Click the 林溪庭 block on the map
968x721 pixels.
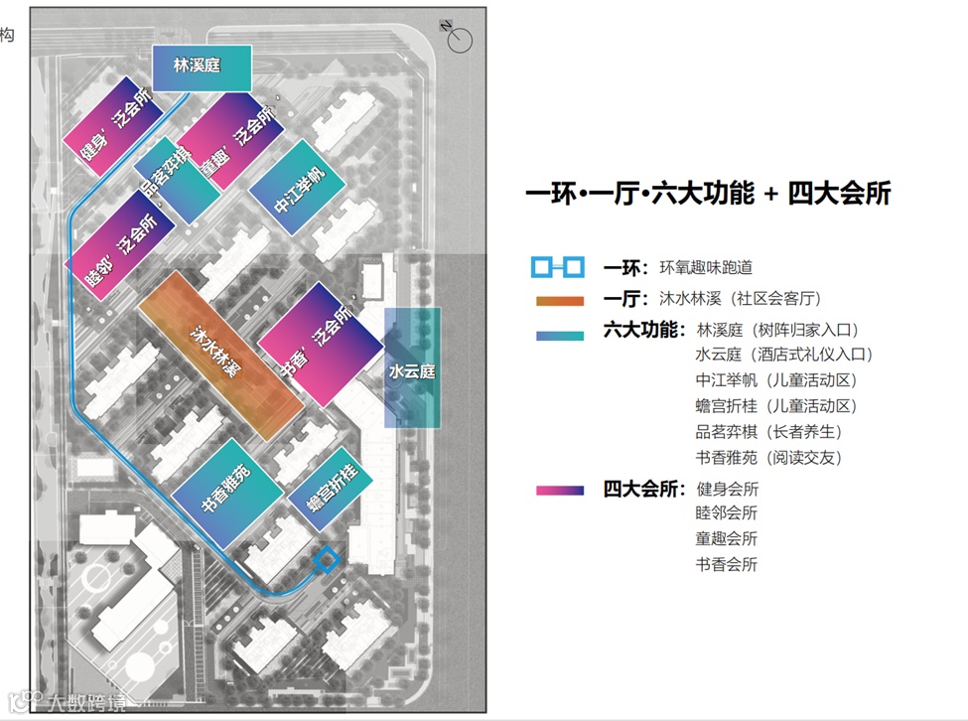203,68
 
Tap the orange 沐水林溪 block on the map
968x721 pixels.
220,355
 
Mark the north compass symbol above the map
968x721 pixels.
458,38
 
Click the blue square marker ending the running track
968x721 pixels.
326,561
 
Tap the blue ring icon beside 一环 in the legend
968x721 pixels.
556,267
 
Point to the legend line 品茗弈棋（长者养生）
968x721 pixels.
769,432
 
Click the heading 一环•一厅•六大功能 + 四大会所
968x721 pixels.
708,194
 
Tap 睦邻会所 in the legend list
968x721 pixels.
727,514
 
